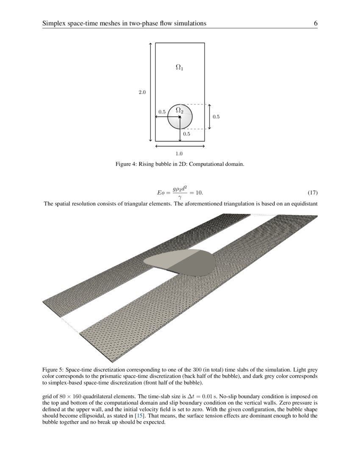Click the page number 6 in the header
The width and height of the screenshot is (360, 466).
pos(316,23)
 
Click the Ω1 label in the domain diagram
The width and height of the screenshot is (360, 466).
pos(180,67)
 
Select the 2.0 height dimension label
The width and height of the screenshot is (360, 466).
pos(142,92)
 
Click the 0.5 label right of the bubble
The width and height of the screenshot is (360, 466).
pos(216,116)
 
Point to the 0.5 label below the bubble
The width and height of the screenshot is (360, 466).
pos(186,134)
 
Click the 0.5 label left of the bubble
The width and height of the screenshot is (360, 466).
pos(162,112)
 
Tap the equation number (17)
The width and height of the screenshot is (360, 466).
pos(313,193)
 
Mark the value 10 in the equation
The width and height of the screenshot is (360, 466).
pos(198,193)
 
